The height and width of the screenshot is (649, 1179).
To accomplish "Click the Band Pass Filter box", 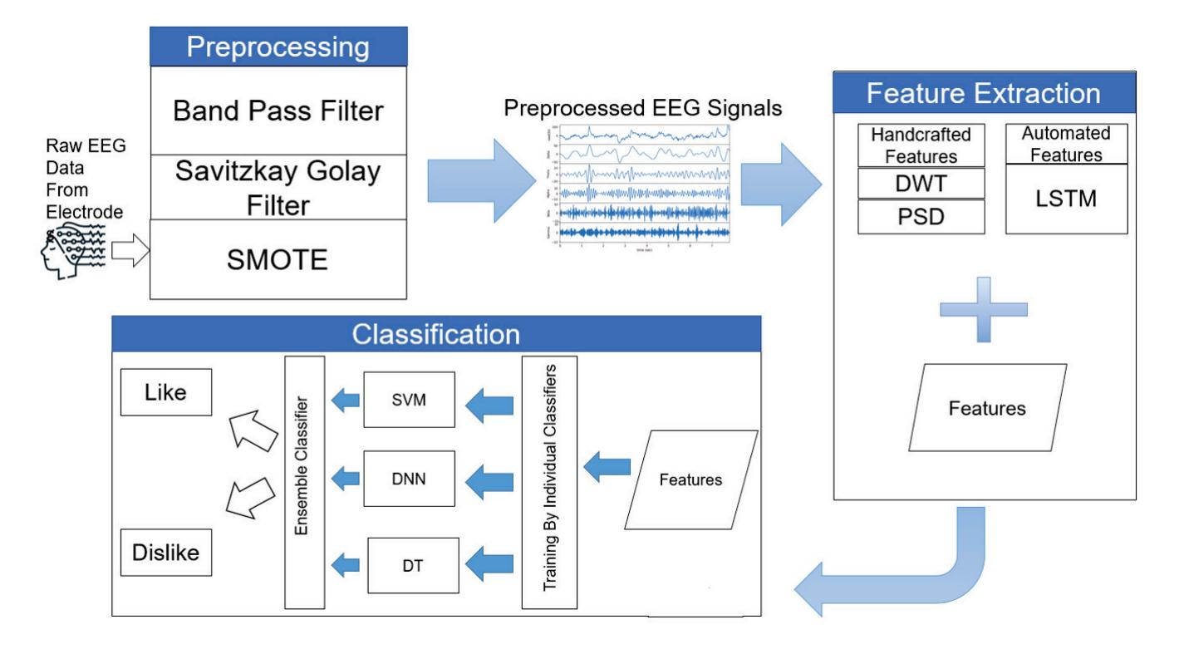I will coord(278,110).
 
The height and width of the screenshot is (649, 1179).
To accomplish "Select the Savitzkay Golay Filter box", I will coord(278,187).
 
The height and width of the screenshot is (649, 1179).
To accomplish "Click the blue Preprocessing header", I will coord(278,47).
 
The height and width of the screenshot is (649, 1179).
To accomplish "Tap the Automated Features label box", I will coord(1055,144).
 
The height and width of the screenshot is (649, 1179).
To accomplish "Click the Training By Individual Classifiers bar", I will coord(549,479).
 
